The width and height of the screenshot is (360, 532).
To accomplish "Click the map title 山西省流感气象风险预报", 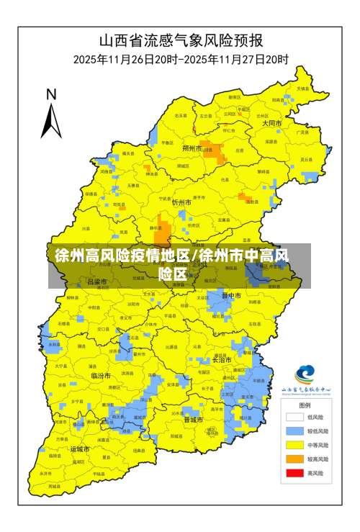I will pyautogui.click(x=180, y=40).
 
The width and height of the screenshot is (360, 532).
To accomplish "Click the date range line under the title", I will pyautogui.click(x=180, y=59).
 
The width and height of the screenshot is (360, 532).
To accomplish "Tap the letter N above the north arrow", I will pyautogui.click(x=51, y=94).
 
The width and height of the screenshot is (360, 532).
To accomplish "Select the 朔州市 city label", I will pyautogui.click(x=192, y=148).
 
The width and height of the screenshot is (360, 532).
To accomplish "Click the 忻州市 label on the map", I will pyautogui.click(x=181, y=203).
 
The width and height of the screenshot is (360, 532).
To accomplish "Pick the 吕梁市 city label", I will pyautogui.click(x=96, y=281).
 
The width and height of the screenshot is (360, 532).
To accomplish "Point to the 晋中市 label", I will pyautogui.click(x=231, y=295).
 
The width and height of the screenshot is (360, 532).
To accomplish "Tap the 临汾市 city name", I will pyautogui.click(x=100, y=376).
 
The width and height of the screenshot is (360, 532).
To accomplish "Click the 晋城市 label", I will pyautogui.click(x=194, y=419).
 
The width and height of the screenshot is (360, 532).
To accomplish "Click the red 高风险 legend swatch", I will pyautogui.click(x=294, y=473).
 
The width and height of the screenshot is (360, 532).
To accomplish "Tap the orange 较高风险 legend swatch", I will pyautogui.click(x=294, y=459).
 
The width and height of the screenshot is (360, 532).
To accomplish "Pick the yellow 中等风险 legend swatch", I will pyautogui.click(x=294, y=444).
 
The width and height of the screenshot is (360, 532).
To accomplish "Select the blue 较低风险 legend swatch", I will pyautogui.click(x=294, y=430).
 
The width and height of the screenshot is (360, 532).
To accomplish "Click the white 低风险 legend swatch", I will pyautogui.click(x=294, y=416).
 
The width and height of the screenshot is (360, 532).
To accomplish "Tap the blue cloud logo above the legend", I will pyautogui.click(x=305, y=374).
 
